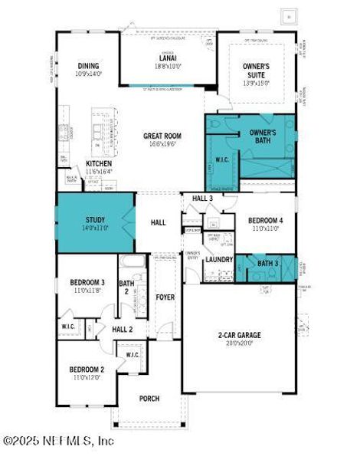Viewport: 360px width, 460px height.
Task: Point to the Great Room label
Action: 162,136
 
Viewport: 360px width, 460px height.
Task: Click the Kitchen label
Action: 100,163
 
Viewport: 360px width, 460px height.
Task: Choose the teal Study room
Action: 94,222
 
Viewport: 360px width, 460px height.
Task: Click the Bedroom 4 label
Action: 266,221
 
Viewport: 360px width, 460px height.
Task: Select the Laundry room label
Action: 219,260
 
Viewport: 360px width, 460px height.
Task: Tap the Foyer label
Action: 165,297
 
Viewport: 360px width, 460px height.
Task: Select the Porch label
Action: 149,399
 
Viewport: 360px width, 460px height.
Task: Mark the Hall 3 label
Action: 202,199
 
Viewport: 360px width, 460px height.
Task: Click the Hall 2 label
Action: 123,329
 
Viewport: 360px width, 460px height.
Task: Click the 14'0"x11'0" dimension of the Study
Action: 95,228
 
